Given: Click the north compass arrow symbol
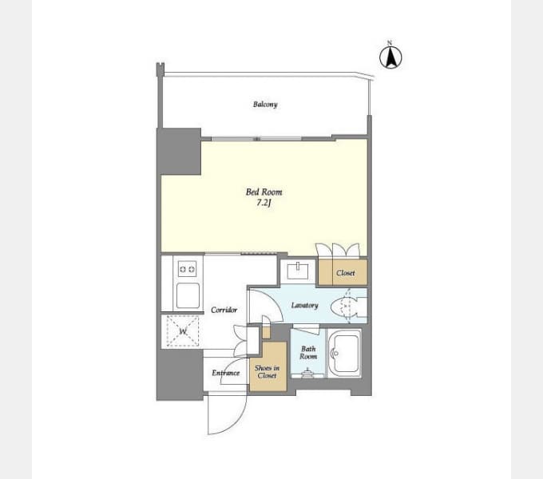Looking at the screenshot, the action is coord(390,57).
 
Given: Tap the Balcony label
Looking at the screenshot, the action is coord(265,104).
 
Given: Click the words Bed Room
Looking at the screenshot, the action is coord(264,192).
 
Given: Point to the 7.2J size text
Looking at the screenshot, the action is coord(264,203).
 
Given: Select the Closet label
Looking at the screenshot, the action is coord(345,273).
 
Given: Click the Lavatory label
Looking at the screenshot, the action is coord(304,305).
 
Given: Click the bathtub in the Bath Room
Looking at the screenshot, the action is coord(344,354).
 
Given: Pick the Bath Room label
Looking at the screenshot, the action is coord(308,353).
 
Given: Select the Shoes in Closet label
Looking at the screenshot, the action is coord(267,372).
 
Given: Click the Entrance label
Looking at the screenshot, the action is coord(226,373).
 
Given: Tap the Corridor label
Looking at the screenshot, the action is coord(224,310).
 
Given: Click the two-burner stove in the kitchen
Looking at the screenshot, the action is coord(187,269).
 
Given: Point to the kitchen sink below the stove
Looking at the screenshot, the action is coord(188,295).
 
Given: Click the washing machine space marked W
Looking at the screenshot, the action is coord(183,331).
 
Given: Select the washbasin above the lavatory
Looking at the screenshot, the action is coord(298,271).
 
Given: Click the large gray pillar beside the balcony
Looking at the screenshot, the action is coord(179,151).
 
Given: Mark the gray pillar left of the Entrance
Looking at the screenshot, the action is coord(180,374).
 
